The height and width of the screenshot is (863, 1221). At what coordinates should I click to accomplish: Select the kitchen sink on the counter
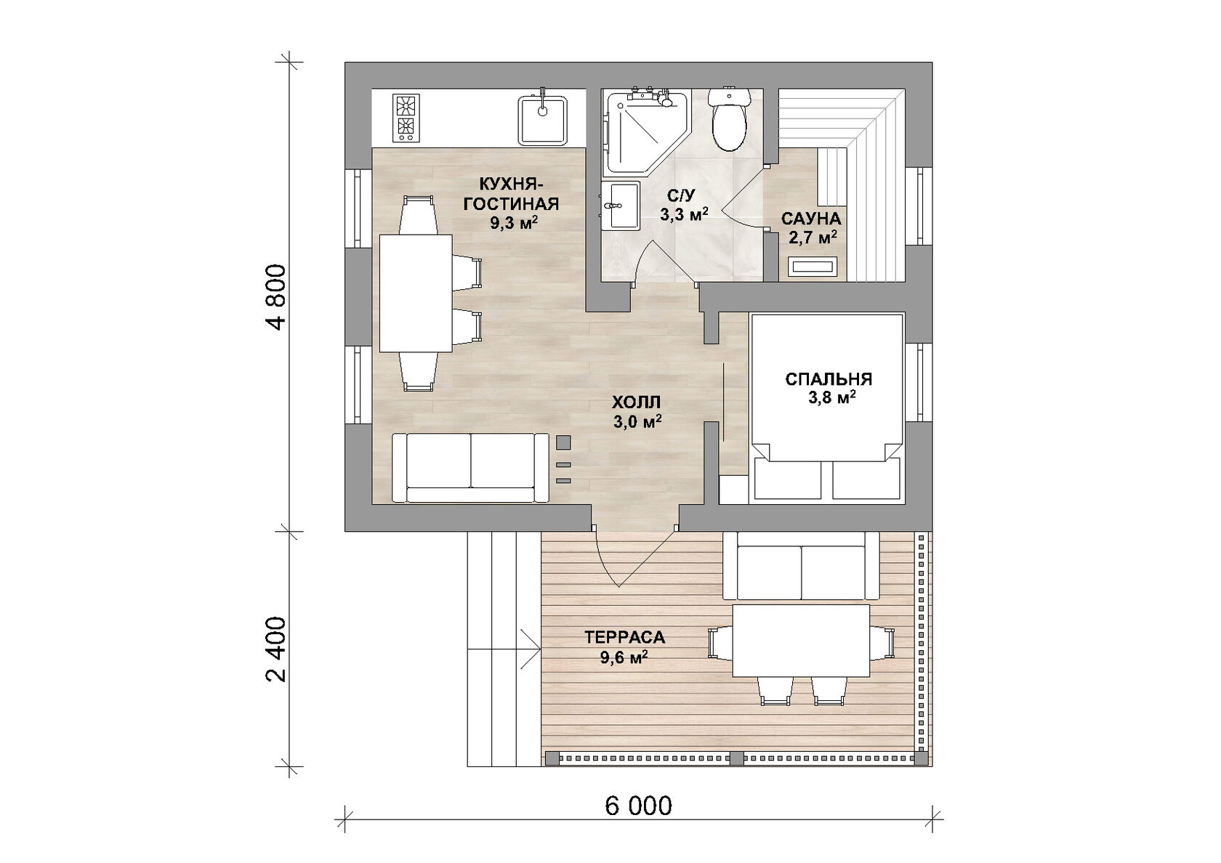click(160, 120)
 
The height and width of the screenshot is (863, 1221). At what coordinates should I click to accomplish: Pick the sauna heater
click(813, 267)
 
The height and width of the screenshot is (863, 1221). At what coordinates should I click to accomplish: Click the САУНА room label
click(811, 219)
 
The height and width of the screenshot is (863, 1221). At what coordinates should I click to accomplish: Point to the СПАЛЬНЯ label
click(829, 379)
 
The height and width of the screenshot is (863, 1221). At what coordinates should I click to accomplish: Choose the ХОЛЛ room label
click(636, 402)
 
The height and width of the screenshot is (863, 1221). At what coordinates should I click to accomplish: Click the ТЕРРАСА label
click(625, 637)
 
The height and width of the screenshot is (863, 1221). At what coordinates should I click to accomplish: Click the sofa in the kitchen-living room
click(470, 468)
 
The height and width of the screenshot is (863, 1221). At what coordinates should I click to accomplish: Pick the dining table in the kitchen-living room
click(416, 293)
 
